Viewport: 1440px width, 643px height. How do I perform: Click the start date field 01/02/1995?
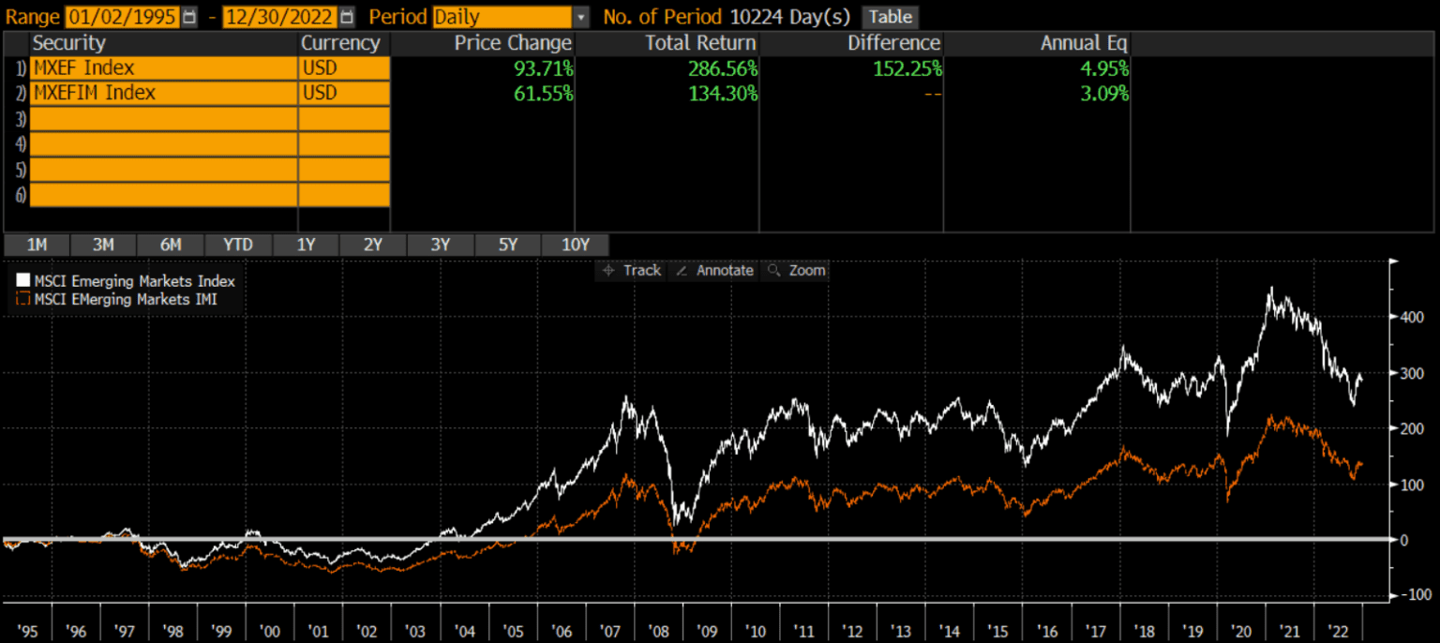tap(122, 17)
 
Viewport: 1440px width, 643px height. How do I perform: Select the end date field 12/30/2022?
tap(279, 17)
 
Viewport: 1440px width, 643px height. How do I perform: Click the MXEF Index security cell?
tap(164, 68)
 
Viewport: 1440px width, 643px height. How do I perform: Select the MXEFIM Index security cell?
tap(164, 94)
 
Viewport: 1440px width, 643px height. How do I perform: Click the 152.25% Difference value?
tap(904, 68)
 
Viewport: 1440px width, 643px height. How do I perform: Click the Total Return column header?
tap(700, 43)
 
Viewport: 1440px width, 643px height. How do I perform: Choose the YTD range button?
tap(238, 245)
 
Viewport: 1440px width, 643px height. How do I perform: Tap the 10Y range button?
tap(575, 245)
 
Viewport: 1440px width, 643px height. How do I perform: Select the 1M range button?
tap(37, 245)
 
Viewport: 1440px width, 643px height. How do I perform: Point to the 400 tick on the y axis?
tap(1411, 317)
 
